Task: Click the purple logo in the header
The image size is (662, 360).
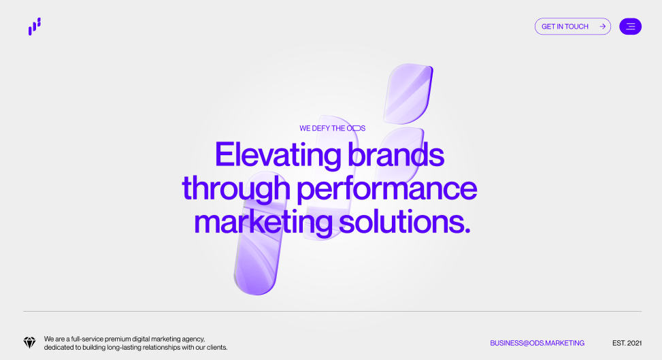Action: click(x=35, y=26)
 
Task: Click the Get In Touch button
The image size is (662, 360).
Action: click(x=572, y=26)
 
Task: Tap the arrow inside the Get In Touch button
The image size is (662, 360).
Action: click(x=603, y=26)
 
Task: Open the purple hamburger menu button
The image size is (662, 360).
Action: click(x=630, y=26)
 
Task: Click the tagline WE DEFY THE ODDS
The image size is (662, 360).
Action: click(x=332, y=128)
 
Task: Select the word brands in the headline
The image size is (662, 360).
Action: click(x=395, y=154)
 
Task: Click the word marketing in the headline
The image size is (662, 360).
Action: click(x=263, y=223)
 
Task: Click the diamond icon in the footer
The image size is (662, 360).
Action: click(x=29, y=343)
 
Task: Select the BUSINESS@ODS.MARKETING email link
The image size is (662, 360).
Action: click(x=537, y=343)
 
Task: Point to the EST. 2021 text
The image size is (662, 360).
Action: click(x=627, y=343)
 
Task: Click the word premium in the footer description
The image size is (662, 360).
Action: click(x=118, y=339)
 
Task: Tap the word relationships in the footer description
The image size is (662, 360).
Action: click(x=161, y=347)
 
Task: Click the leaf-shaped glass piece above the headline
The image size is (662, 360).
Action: click(x=408, y=94)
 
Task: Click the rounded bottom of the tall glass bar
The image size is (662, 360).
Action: click(x=255, y=282)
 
